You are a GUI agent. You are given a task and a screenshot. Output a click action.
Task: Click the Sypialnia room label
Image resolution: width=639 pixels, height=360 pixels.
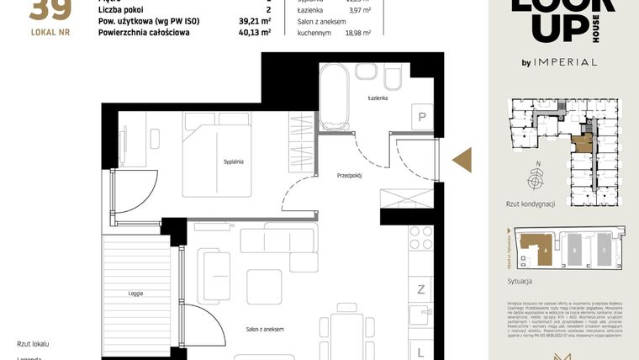(x=233, y=161)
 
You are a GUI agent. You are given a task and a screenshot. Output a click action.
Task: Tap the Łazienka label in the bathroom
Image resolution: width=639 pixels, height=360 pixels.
(x=378, y=98)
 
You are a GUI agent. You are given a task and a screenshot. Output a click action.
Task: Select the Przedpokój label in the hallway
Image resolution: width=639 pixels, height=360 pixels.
(x=349, y=176)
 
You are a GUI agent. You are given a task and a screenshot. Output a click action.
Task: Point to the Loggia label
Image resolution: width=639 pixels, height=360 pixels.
(x=135, y=294)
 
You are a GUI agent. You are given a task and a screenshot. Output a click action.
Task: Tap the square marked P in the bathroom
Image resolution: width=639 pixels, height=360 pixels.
(x=421, y=118)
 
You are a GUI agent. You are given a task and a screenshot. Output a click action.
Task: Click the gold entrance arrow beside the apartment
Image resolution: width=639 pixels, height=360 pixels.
(x=462, y=160)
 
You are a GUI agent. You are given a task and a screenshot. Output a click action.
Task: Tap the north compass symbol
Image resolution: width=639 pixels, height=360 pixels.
(x=535, y=179)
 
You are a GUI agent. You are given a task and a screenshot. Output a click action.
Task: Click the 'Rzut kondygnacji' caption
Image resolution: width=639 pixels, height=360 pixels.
(x=531, y=204)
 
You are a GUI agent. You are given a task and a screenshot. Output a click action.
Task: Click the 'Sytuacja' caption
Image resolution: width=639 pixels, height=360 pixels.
(x=521, y=281)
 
